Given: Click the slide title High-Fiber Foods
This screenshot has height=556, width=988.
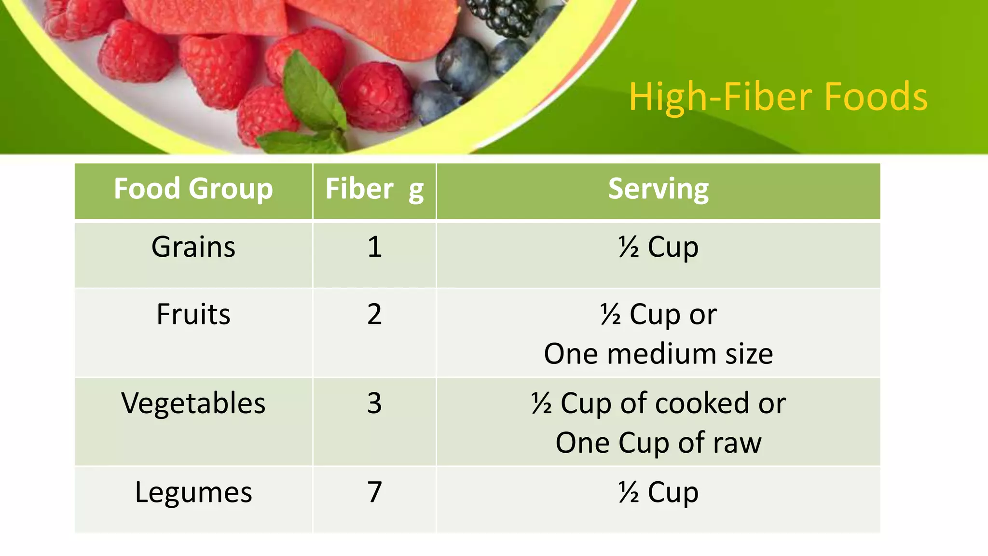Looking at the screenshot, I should click(778, 97).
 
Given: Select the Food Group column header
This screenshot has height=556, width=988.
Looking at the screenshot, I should click(193, 189).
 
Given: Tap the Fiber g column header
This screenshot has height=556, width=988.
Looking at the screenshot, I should click(374, 189).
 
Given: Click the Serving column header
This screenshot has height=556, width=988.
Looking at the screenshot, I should click(658, 189).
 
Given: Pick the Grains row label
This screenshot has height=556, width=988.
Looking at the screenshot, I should click(193, 247).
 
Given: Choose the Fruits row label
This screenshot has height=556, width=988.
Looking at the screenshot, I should click(193, 314).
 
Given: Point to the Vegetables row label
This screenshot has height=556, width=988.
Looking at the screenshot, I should click(193, 403).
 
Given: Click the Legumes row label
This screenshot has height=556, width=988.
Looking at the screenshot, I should click(193, 492).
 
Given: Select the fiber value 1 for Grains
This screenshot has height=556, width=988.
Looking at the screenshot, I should click(374, 247).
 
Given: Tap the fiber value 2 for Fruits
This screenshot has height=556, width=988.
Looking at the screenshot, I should click(374, 314).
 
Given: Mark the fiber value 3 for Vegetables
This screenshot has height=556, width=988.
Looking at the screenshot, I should click(374, 403).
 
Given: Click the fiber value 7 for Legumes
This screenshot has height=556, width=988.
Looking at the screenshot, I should click(374, 492).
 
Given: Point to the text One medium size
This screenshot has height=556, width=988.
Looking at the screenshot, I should click(658, 354).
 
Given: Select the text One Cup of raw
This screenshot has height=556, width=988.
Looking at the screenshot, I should click(658, 443).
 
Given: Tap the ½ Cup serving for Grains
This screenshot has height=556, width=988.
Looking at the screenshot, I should click(658, 247).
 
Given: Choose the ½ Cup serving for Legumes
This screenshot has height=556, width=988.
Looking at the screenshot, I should click(658, 492).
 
